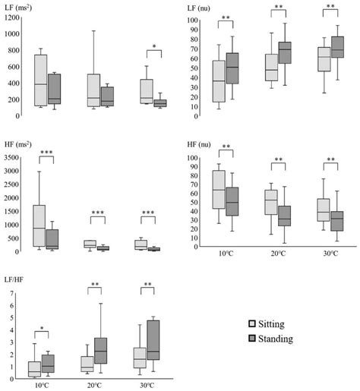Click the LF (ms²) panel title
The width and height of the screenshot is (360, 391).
(x=21, y=7)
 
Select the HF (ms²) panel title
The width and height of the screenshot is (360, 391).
(x=21, y=147)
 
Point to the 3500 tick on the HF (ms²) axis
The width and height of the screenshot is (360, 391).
(x=11, y=157)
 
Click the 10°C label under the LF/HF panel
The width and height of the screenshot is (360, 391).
(x=42, y=386)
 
